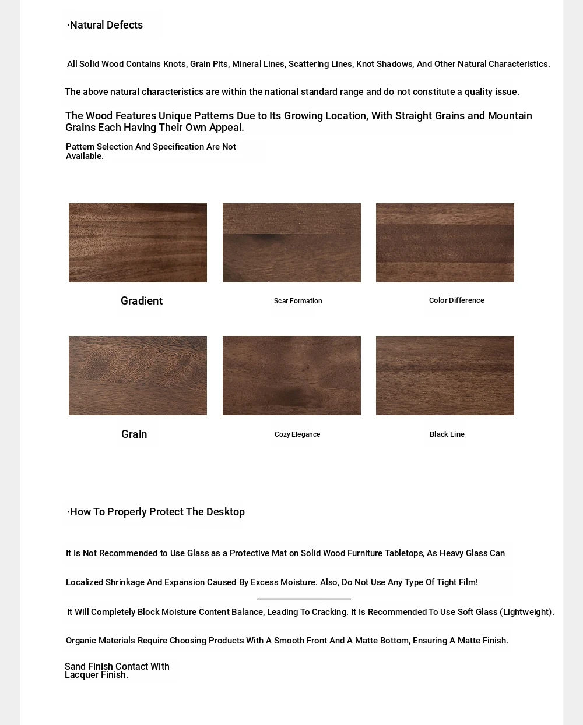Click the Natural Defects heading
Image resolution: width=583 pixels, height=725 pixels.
[x=105, y=25]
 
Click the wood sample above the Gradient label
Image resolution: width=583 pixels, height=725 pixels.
[x=138, y=243]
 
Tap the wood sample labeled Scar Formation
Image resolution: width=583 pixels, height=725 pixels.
[x=291, y=243]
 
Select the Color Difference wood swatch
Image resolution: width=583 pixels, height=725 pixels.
[x=445, y=243]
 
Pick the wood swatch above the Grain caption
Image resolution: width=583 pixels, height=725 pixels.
[x=138, y=376]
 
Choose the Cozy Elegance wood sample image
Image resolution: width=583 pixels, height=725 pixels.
[x=291, y=376]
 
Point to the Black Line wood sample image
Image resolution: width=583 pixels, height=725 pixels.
[x=445, y=376]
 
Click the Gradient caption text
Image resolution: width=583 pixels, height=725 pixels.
[x=142, y=301]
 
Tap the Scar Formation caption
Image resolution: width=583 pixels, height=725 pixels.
[x=298, y=301]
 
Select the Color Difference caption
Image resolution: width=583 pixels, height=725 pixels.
[x=456, y=300]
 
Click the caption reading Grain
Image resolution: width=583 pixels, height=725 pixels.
[x=134, y=434]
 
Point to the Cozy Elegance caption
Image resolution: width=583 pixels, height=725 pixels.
[x=297, y=434]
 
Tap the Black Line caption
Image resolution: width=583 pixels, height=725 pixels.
[x=447, y=434]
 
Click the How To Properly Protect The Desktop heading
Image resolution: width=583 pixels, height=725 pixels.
[x=156, y=512]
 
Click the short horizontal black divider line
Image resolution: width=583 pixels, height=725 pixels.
[x=304, y=599]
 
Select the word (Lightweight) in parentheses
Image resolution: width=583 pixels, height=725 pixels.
[x=526, y=612]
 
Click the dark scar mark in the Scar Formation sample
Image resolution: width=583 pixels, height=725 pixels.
[x=266, y=237]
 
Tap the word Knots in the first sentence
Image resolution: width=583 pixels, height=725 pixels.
[x=174, y=64]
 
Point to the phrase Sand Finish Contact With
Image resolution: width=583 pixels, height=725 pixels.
[x=117, y=666]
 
